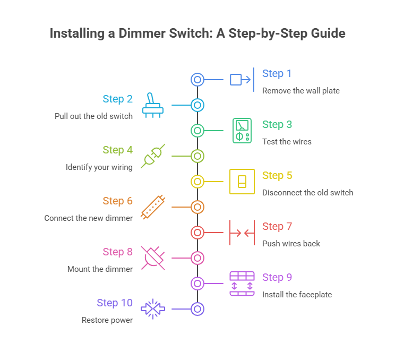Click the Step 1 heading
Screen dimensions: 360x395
(277, 74)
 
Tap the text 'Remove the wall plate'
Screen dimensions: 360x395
(300, 91)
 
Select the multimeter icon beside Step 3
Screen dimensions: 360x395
(242, 131)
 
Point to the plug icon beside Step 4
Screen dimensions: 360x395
(153, 156)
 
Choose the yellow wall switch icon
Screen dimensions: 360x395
(242, 182)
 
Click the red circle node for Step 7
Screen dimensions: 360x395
(197, 233)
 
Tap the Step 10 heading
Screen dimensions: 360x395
(115, 303)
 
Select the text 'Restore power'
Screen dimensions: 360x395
(107, 320)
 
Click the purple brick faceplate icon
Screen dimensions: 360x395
(242, 284)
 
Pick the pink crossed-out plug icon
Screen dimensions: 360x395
(153, 258)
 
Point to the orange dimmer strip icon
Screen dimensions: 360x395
(153, 207)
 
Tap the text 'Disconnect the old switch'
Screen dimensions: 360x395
(307, 193)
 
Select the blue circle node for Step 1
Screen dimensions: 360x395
(197, 80)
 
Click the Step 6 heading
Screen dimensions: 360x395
(117, 201)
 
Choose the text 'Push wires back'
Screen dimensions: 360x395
(291, 244)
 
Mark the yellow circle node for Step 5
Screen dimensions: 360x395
(197, 182)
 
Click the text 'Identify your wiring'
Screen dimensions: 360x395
(99, 167)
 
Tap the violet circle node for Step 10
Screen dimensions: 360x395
(197, 309)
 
